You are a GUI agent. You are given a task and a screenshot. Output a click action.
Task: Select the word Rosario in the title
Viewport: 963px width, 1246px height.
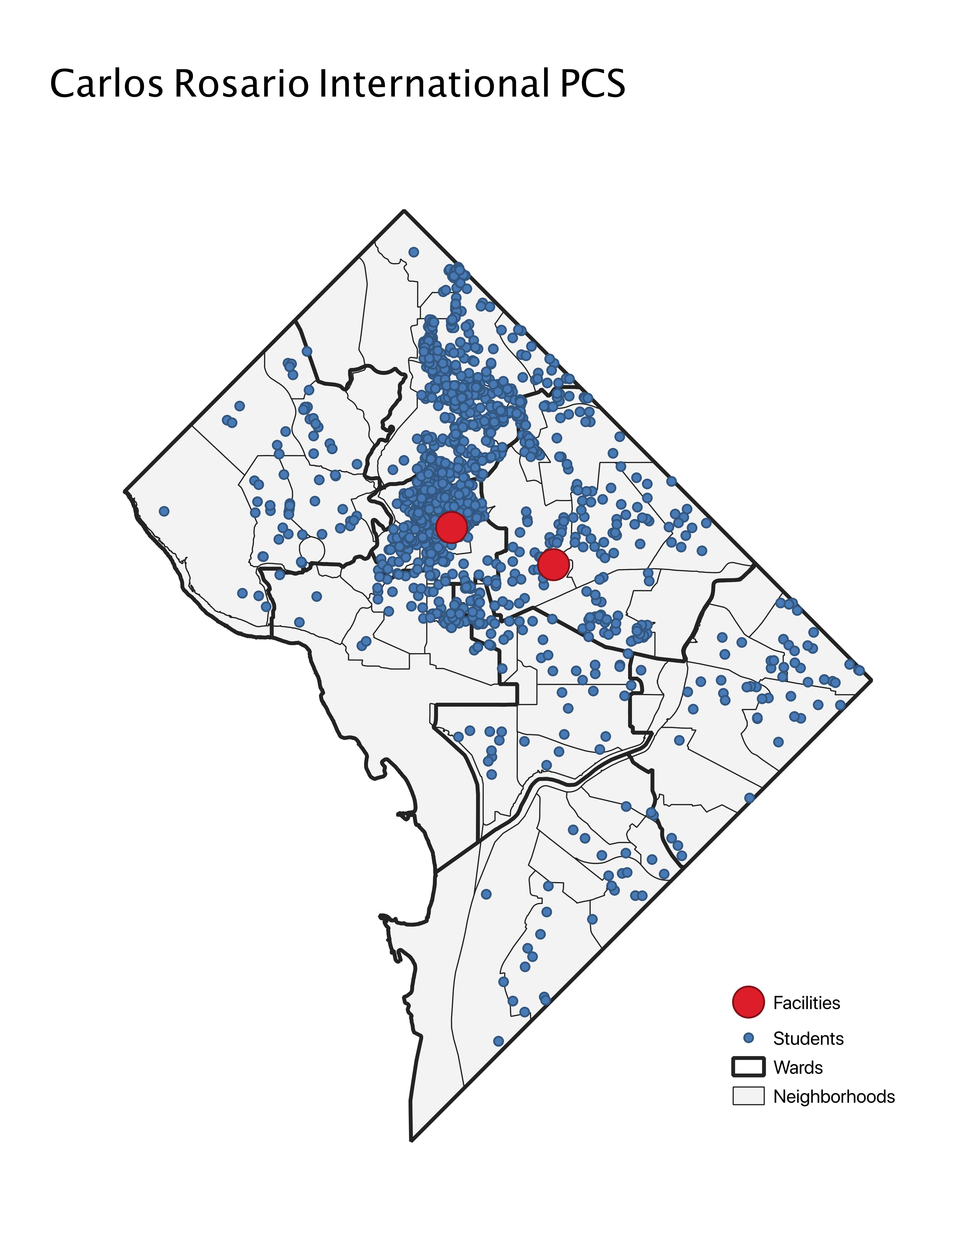(x=241, y=84)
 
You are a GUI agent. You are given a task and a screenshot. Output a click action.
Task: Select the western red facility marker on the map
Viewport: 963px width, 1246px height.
(x=451, y=527)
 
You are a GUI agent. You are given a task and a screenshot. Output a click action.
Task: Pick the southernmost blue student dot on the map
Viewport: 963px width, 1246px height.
(x=498, y=1041)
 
